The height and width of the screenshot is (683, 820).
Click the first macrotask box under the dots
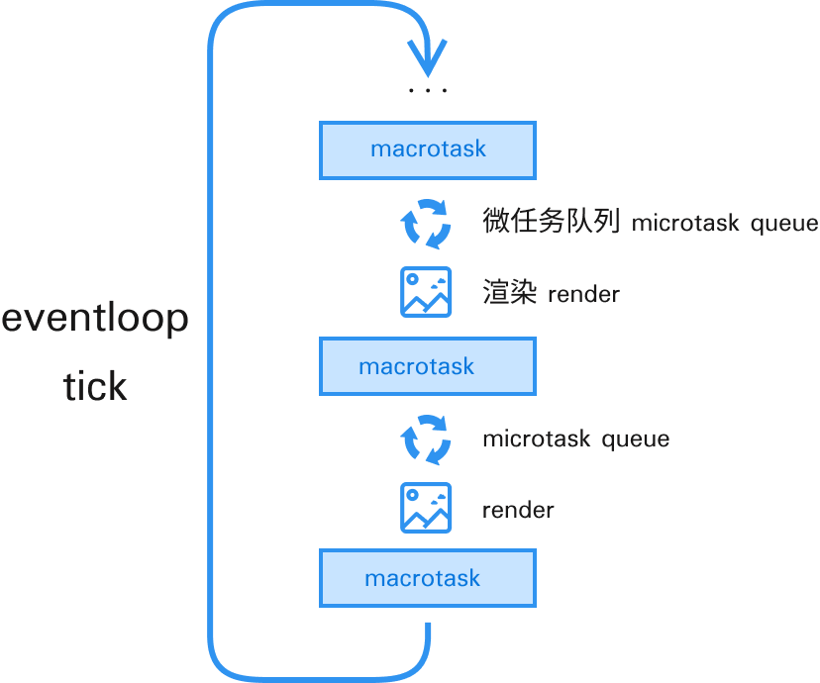[427, 149]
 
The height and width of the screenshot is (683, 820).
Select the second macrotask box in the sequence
[427, 366]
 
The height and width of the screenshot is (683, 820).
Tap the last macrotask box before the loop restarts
[427, 578]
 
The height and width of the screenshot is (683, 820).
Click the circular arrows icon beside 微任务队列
[426, 223]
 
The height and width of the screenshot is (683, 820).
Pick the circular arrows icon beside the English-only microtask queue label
[426, 439]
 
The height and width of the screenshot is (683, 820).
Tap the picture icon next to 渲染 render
[426, 292]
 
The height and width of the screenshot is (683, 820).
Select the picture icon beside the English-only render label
[426, 508]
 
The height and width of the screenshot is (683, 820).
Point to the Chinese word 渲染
[510, 293]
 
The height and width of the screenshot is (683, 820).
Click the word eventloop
[95, 321]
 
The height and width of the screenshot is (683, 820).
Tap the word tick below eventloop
[95, 385]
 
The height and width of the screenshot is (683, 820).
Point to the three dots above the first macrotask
[427, 90]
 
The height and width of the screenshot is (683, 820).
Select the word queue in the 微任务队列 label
[783, 224]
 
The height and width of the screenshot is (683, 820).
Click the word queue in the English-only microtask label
[635, 439]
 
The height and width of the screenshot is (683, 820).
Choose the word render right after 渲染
[583, 294]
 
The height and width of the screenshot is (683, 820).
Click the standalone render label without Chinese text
[518, 511]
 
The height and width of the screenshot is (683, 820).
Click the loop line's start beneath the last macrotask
[428, 630]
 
